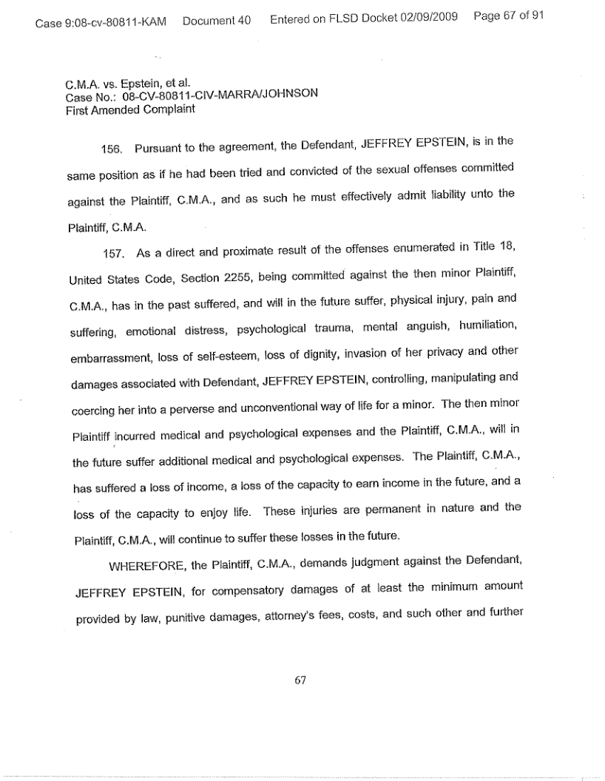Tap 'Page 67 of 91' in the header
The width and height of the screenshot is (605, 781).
click(x=507, y=16)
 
